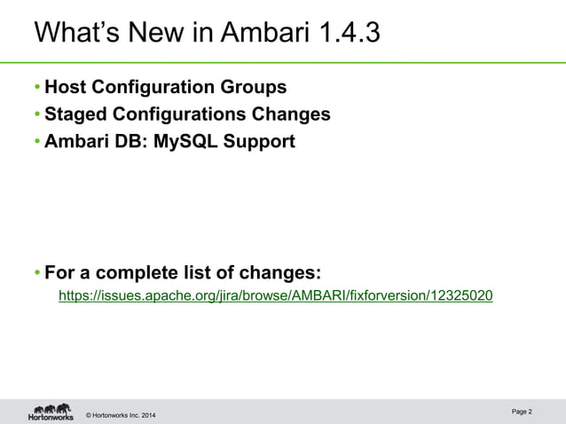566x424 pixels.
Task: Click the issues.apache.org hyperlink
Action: [275, 295]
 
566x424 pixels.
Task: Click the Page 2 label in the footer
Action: [523, 412]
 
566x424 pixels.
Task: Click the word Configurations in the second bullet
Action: [179, 114]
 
